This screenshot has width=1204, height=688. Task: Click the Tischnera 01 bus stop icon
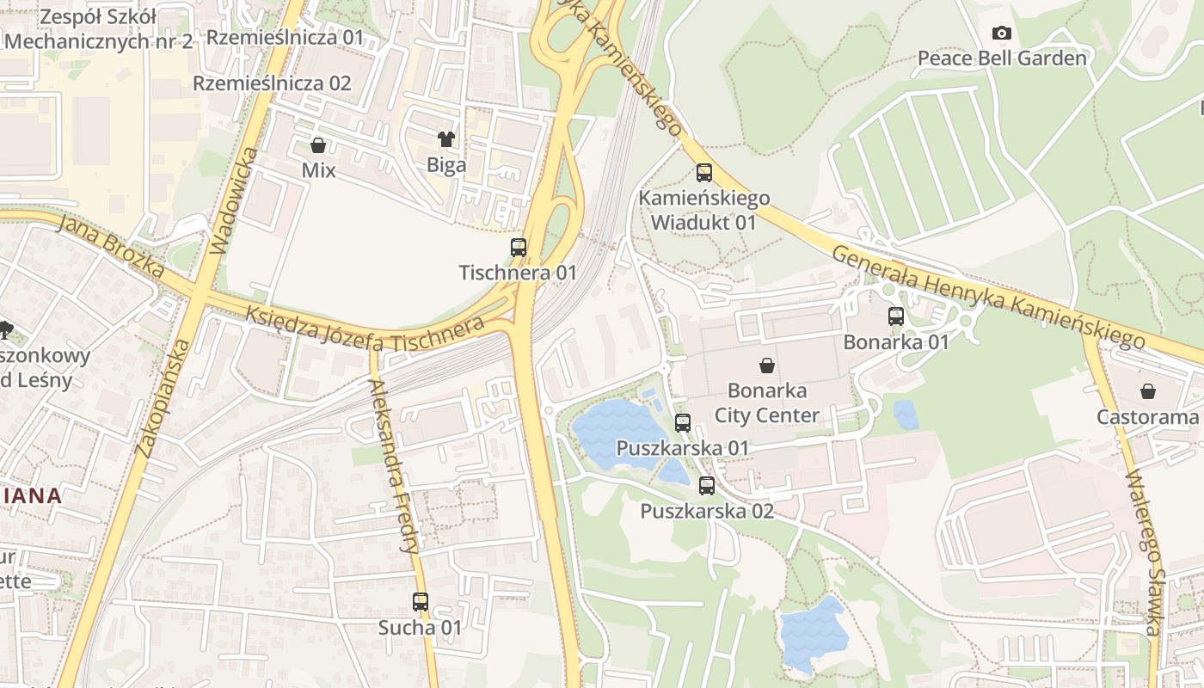click(x=519, y=248)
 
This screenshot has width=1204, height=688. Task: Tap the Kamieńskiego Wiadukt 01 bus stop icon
click(x=704, y=173)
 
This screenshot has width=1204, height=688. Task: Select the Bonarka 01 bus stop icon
click(x=896, y=316)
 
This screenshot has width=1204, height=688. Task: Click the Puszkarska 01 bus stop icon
click(x=683, y=422)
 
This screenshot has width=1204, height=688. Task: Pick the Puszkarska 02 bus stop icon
click(x=707, y=485)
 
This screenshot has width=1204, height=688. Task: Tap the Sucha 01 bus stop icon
click(x=421, y=602)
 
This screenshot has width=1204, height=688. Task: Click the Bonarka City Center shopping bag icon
click(x=766, y=365)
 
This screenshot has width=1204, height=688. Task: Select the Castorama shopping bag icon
click(x=1148, y=392)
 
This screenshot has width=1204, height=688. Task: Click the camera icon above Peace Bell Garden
click(x=1002, y=34)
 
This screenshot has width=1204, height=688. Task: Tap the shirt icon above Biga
click(x=446, y=138)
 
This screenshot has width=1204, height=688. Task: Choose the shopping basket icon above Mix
click(x=318, y=144)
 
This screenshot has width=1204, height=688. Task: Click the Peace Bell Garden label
click(x=1002, y=58)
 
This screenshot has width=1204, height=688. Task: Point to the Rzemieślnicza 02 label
click(x=272, y=83)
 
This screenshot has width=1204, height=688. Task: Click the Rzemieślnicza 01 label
click(x=286, y=38)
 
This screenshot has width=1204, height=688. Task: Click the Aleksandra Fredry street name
click(x=395, y=464)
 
